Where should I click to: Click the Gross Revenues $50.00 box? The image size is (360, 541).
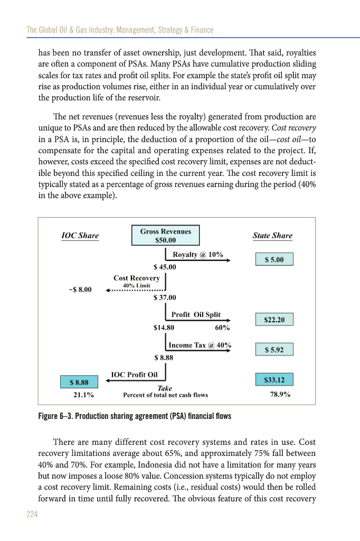[x=166, y=236]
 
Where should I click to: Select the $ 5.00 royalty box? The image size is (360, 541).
[x=274, y=259]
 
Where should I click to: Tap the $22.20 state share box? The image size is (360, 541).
[x=274, y=320]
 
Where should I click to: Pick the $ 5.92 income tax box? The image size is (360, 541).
[x=274, y=349]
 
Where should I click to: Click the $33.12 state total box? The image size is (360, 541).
[x=274, y=379]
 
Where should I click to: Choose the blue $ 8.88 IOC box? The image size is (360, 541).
[x=79, y=381]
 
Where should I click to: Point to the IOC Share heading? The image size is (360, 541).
[x=80, y=236]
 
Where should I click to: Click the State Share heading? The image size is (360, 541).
[x=272, y=236]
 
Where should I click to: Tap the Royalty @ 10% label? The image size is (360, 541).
[x=198, y=255]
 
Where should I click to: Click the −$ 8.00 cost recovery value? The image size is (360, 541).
[x=80, y=290]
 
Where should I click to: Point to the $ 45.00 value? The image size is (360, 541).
[x=164, y=267]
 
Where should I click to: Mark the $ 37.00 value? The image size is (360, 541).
[x=164, y=298]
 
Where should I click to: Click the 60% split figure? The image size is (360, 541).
[x=223, y=328]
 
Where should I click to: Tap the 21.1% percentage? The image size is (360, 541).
[x=83, y=395]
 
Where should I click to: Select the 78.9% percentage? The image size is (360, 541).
[x=280, y=395]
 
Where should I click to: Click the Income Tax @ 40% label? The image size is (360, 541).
[x=200, y=346]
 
